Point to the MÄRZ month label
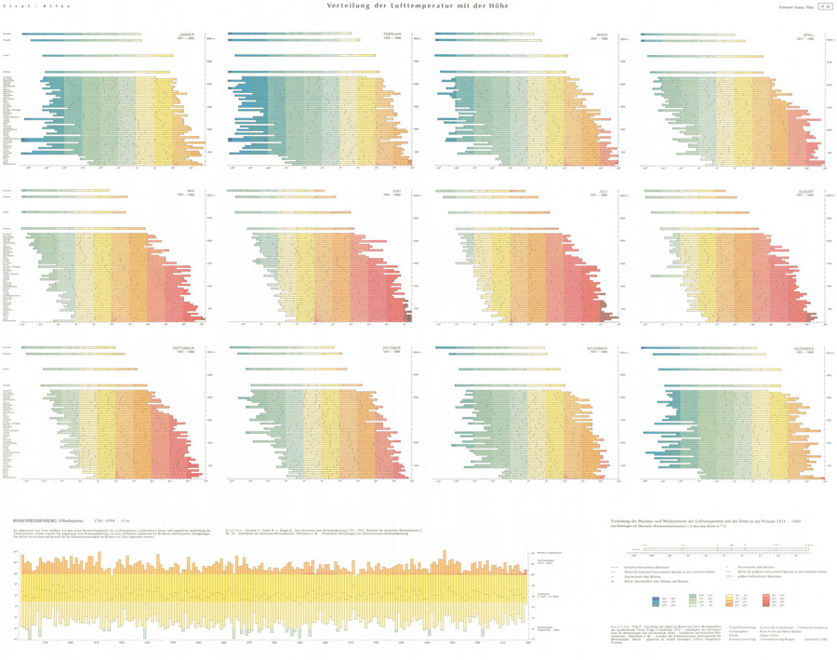[x=602, y=34]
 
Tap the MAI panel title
[x=192, y=193]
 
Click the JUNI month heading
[x=399, y=193]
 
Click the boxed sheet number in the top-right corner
[x=824, y=7]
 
